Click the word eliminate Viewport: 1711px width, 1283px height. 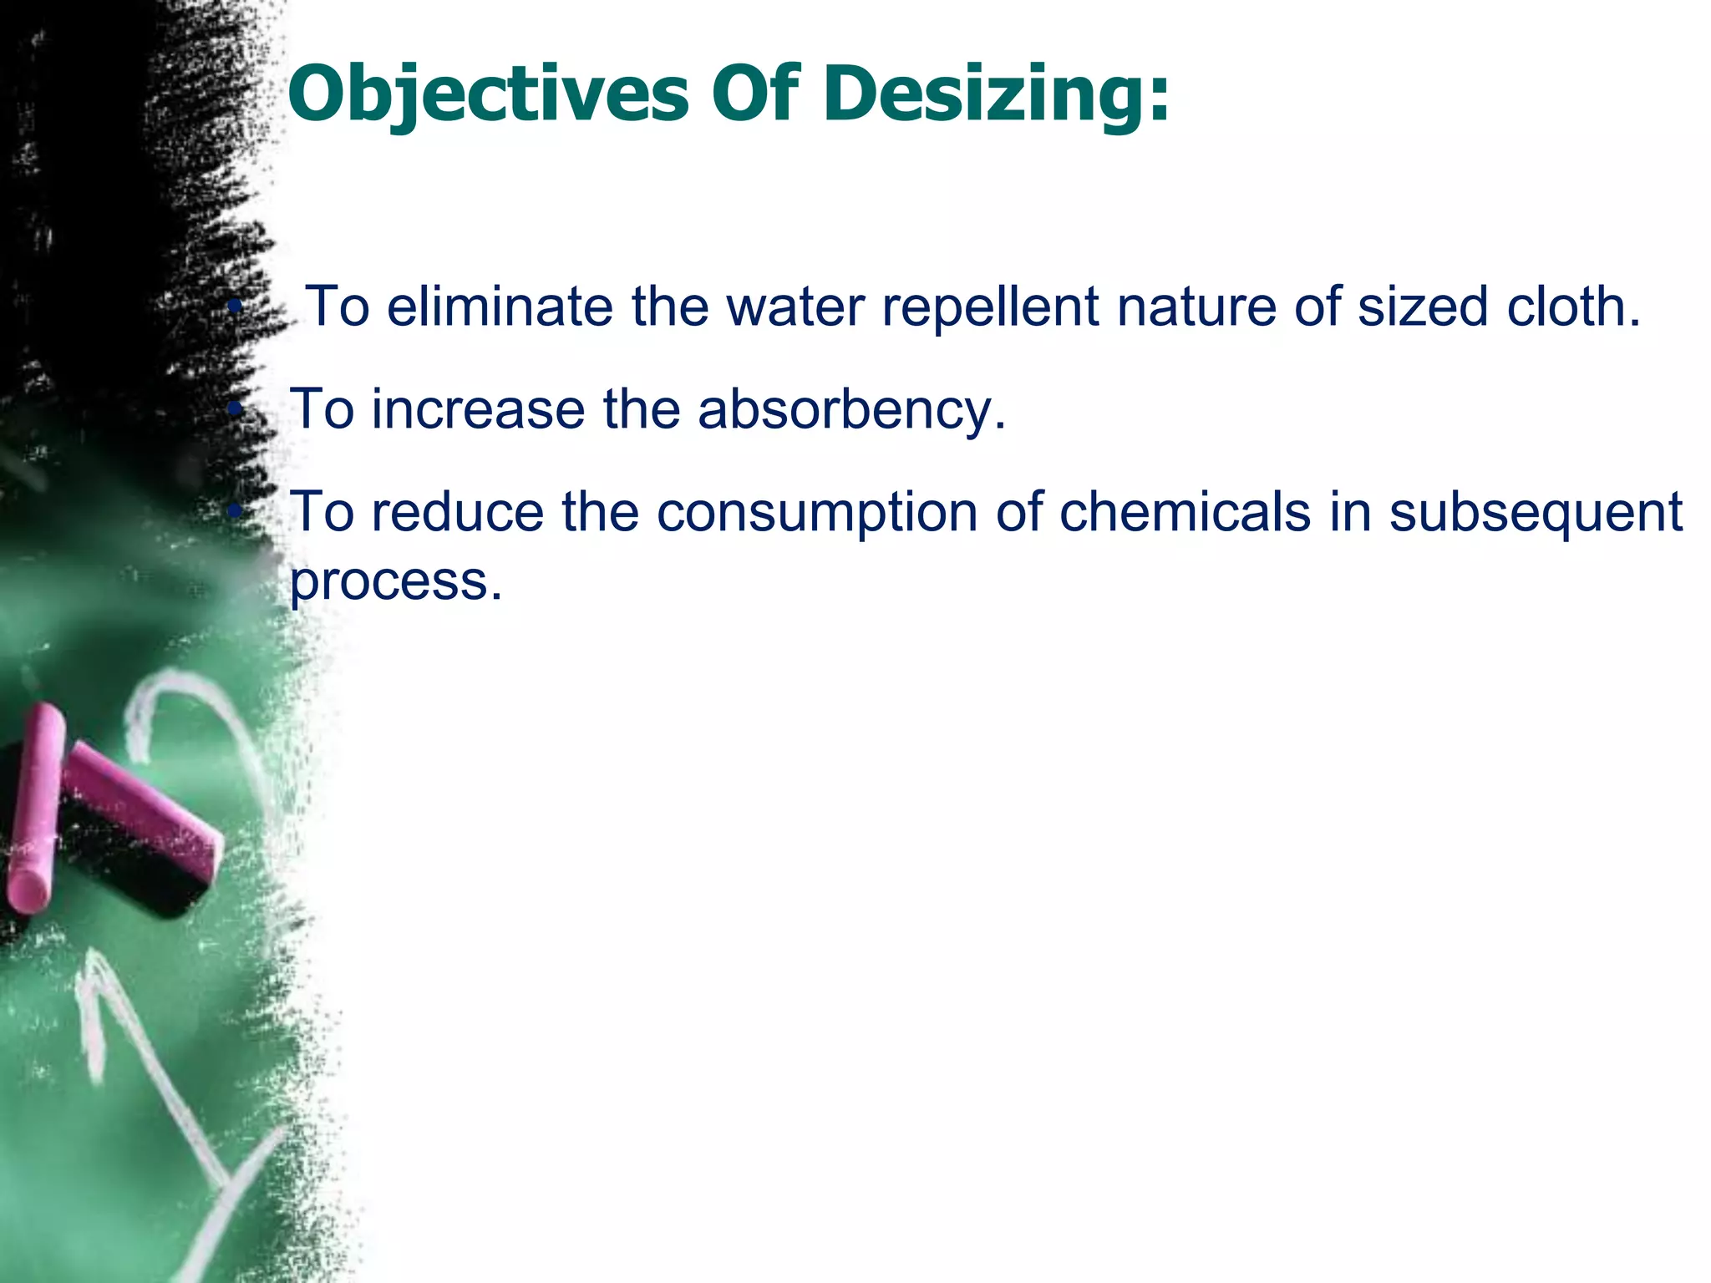(x=500, y=307)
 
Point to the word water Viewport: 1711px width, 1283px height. (x=795, y=307)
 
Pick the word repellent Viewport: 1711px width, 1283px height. (x=990, y=307)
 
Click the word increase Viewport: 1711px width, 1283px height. (x=478, y=409)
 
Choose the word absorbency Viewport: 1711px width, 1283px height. (x=852, y=409)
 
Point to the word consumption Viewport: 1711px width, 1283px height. (x=817, y=511)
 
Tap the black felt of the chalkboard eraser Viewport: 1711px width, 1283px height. (x=125, y=869)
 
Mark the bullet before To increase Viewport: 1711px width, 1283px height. (x=236, y=409)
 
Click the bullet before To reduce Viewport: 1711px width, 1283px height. (x=236, y=511)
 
